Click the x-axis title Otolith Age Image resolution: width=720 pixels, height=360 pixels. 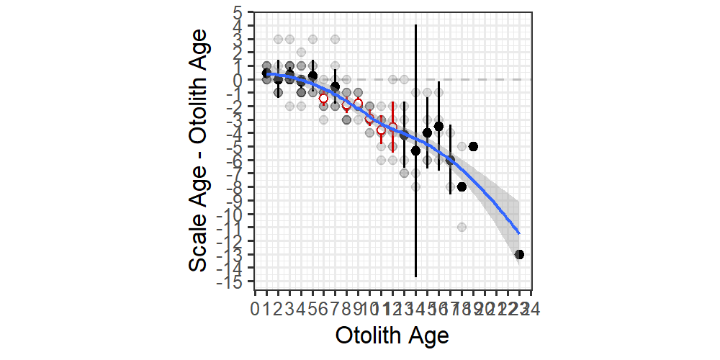pos(392,336)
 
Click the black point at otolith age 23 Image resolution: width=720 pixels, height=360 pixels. pos(519,254)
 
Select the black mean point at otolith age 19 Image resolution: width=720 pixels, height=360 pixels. pos(473,146)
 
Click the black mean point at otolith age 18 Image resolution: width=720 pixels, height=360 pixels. pos(462,186)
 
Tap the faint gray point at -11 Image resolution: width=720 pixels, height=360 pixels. pos(462,228)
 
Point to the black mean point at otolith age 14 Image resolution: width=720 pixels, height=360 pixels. pos(415,150)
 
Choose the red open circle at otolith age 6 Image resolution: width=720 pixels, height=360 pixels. pos(324,98)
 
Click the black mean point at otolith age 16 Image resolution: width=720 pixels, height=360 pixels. pos(438,126)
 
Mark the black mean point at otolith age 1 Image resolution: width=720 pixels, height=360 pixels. pos(266,73)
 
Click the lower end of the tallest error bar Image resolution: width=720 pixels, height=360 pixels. pos(415,276)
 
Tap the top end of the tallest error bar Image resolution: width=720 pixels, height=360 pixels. pos(415,25)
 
